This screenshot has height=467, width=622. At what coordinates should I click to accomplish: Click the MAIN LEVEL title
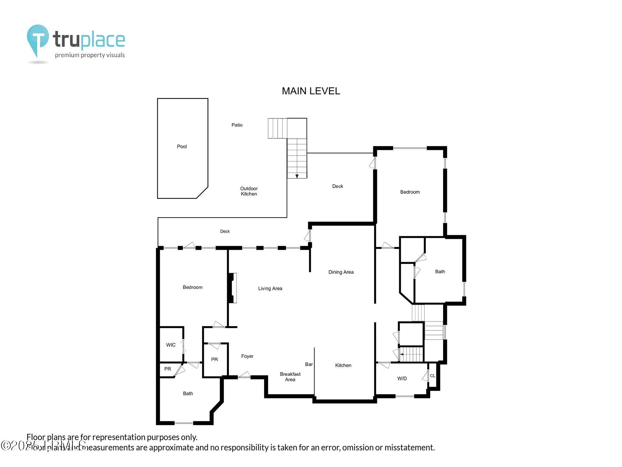(x=311, y=91)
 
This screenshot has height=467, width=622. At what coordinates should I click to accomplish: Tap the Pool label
(x=182, y=146)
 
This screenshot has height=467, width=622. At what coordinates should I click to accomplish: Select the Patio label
(x=237, y=125)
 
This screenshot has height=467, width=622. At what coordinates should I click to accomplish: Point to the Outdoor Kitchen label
(x=249, y=191)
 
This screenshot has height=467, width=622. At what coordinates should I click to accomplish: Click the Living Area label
(x=270, y=289)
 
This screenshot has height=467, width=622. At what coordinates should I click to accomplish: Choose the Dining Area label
(x=341, y=272)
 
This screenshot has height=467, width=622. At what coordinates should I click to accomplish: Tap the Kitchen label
(x=343, y=365)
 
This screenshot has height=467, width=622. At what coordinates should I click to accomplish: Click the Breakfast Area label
(x=290, y=377)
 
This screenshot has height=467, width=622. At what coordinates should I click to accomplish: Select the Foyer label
(x=247, y=356)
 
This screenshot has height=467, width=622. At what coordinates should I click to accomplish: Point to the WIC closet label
(x=171, y=345)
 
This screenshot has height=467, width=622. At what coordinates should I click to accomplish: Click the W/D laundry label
(x=402, y=379)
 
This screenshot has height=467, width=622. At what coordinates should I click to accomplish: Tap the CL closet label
(x=432, y=376)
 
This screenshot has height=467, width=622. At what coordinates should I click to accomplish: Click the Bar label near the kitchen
(x=309, y=364)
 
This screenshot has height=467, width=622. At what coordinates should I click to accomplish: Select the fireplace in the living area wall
(x=233, y=288)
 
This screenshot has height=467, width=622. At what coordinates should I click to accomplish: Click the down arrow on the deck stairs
(x=297, y=176)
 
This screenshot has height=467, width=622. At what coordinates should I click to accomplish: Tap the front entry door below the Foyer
(x=244, y=376)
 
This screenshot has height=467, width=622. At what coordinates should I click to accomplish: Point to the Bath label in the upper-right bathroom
(x=440, y=271)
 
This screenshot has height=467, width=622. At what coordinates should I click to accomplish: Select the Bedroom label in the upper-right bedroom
(x=410, y=192)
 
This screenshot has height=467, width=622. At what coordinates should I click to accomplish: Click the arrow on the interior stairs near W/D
(x=402, y=354)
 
